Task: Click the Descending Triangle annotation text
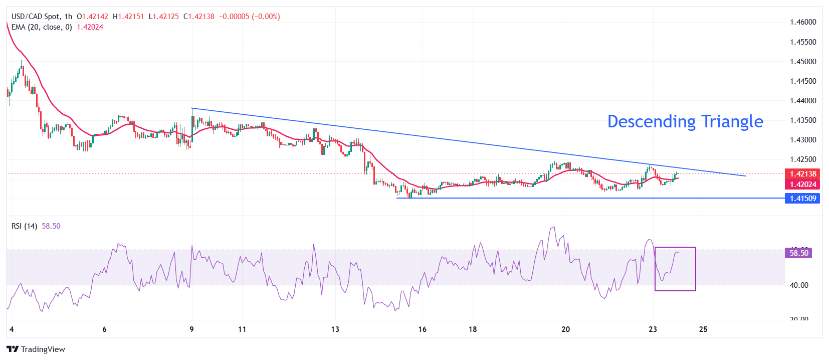(x=685, y=122)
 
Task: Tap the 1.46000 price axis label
(x=803, y=22)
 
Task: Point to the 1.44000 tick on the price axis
(x=803, y=101)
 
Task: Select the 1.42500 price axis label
(x=803, y=159)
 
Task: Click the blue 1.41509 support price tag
(x=803, y=199)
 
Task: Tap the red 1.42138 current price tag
(x=803, y=174)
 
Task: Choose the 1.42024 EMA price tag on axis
(x=803, y=185)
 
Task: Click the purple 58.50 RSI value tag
(x=798, y=253)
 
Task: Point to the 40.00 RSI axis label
(x=799, y=285)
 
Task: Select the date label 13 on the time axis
(x=335, y=329)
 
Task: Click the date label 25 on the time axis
(x=703, y=329)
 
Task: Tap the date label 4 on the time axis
(x=12, y=329)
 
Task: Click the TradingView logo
(x=36, y=349)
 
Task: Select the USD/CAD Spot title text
(x=35, y=17)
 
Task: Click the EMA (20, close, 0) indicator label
(x=42, y=27)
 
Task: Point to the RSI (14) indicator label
(x=24, y=226)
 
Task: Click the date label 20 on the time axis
(x=565, y=329)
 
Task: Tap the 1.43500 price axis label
(x=803, y=120)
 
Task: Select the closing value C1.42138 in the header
(x=199, y=17)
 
